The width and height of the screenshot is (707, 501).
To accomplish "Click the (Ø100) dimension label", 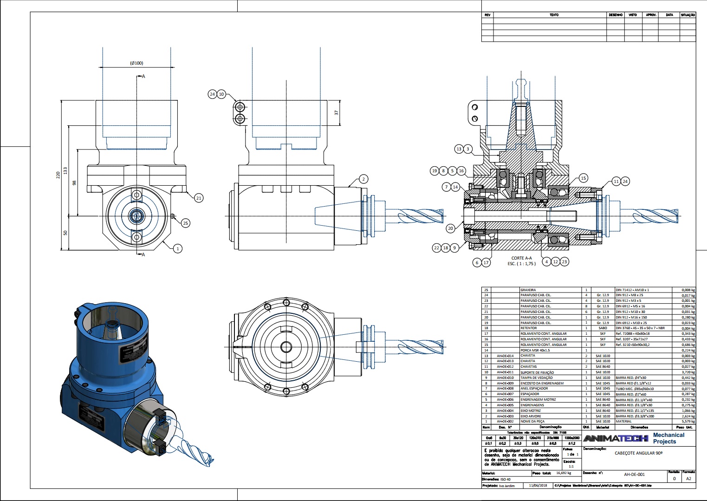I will (x=136, y=63).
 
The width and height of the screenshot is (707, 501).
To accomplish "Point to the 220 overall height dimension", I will (x=58, y=175).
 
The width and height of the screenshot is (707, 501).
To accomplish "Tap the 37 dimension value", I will (x=337, y=112).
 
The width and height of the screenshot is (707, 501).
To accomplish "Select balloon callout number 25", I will (x=185, y=223).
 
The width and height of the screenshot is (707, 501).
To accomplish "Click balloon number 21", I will (x=199, y=198).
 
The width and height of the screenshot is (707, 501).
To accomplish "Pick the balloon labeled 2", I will (x=363, y=179).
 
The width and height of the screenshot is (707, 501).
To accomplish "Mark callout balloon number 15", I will (x=584, y=178).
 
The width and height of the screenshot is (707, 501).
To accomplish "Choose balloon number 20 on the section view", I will (x=450, y=228).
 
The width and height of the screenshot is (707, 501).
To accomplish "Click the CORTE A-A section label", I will (x=521, y=258).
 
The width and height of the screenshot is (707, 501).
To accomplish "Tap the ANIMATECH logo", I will (x=616, y=438).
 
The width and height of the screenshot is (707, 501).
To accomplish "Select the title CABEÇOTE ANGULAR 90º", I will (x=638, y=453).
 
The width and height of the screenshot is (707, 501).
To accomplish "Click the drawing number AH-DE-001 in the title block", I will (x=634, y=475).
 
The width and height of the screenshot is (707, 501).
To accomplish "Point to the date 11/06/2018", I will (x=538, y=486).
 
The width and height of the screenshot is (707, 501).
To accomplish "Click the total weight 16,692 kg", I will (x=564, y=473).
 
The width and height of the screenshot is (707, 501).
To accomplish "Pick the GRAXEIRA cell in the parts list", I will (x=528, y=290).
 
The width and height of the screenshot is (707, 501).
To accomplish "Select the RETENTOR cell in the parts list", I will (x=529, y=328).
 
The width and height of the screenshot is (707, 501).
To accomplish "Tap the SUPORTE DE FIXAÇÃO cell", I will (x=537, y=372).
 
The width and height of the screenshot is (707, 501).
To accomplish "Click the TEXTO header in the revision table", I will (x=554, y=15).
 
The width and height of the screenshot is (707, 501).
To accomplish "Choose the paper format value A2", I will (x=688, y=478).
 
